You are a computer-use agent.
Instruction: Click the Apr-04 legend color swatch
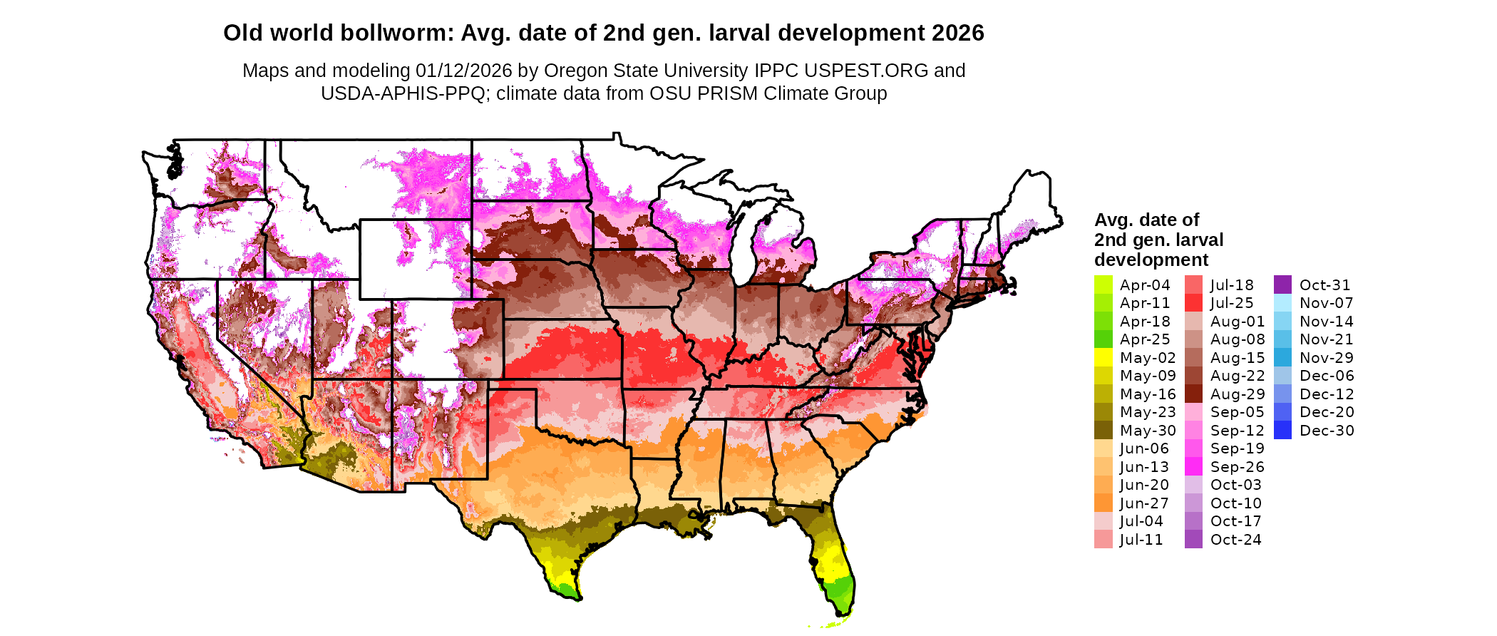click(x=1103, y=284)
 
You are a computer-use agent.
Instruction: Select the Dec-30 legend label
click(x=1326, y=430)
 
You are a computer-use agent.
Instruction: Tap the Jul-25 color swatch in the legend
click(x=1193, y=303)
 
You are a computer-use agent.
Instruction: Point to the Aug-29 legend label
click(x=1238, y=394)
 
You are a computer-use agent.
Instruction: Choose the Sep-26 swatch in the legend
click(x=1193, y=466)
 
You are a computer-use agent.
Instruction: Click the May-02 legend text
click(x=1147, y=357)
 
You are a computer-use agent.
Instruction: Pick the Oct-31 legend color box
click(x=1282, y=284)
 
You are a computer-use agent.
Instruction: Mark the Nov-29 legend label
click(x=1326, y=357)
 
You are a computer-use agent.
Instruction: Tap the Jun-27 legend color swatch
click(x=1103, y=503)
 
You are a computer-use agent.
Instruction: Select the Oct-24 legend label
click(x=1235, y=539)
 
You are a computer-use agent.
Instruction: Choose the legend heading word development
click(x=1151, y=260)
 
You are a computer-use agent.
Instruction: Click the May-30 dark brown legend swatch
click(x=1103, y=430)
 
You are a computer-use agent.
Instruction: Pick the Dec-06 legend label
click(x=1326, y=376)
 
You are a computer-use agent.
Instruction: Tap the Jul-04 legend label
click(x=1141, y=521)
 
